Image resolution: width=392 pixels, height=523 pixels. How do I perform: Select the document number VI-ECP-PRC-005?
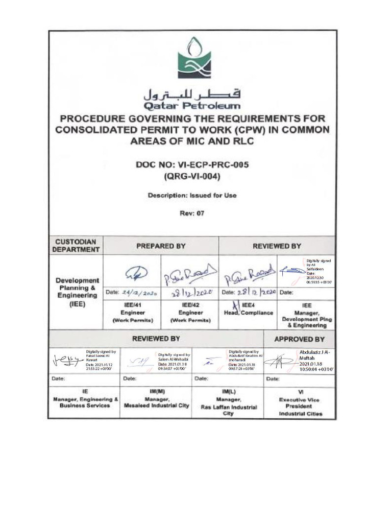coord(192,165)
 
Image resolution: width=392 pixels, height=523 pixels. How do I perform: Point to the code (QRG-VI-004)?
coord(192,177)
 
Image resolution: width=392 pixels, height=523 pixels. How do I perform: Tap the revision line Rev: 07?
coord(192,213)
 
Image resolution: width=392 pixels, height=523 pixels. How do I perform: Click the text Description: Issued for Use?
coord(192,196)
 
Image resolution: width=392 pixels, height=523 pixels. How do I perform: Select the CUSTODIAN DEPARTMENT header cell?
coord(77,246)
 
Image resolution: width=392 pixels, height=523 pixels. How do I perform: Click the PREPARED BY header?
coord(160,246)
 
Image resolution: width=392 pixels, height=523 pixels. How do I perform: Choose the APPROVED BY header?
coord(299,339)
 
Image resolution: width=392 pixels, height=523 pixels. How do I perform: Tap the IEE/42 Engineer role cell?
coord(190,312)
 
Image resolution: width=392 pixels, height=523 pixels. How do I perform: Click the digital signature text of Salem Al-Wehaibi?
coord(174,362)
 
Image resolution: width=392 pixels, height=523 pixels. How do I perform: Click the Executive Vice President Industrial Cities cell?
coord(300,403)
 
